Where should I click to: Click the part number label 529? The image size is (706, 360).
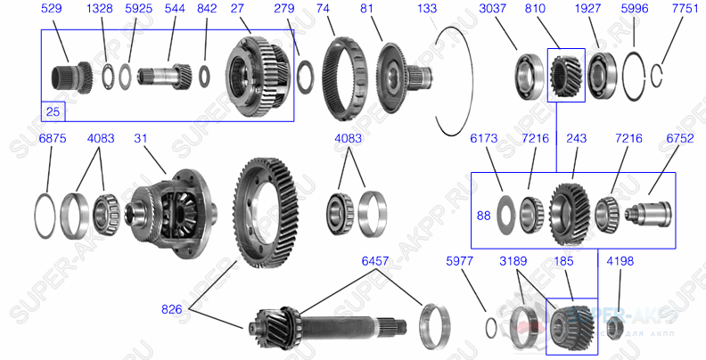pos(53,8)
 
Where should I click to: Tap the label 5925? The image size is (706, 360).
pos(138,8)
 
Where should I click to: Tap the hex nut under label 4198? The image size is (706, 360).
pos(614,329)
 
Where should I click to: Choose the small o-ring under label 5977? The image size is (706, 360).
pos(491,326)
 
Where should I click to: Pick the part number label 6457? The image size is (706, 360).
pos(374,261)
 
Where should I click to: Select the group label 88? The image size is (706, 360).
pos(484,215)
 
